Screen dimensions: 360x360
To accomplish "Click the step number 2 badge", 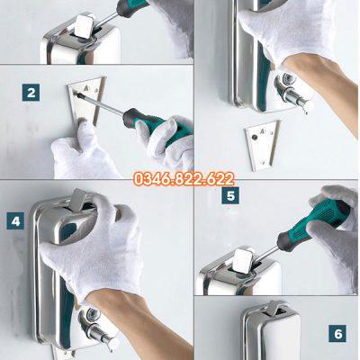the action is tap(31, 93).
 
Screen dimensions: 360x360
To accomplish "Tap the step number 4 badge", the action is tap(15, 221).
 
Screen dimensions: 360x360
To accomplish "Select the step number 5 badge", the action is tap(230, 195).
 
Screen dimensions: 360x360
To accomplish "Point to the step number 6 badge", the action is tap(337, 334).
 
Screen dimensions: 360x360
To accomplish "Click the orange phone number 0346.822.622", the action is tap(184, 179).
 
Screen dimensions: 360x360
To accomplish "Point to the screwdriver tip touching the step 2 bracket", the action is tap(79, 95).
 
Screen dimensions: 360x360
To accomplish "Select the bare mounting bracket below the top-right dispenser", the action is tap(263, 146).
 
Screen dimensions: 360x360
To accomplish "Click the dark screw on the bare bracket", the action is tap(255, 138).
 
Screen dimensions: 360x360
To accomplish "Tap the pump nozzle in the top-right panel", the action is tap(294, 94).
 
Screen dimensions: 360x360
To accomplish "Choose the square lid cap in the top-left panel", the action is tap(85, 26).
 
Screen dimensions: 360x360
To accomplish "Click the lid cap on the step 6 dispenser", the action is tap(274, 308).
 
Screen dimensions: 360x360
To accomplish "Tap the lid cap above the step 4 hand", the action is tap(78, 198).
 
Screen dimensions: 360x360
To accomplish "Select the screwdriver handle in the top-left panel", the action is tap(132, 7).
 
